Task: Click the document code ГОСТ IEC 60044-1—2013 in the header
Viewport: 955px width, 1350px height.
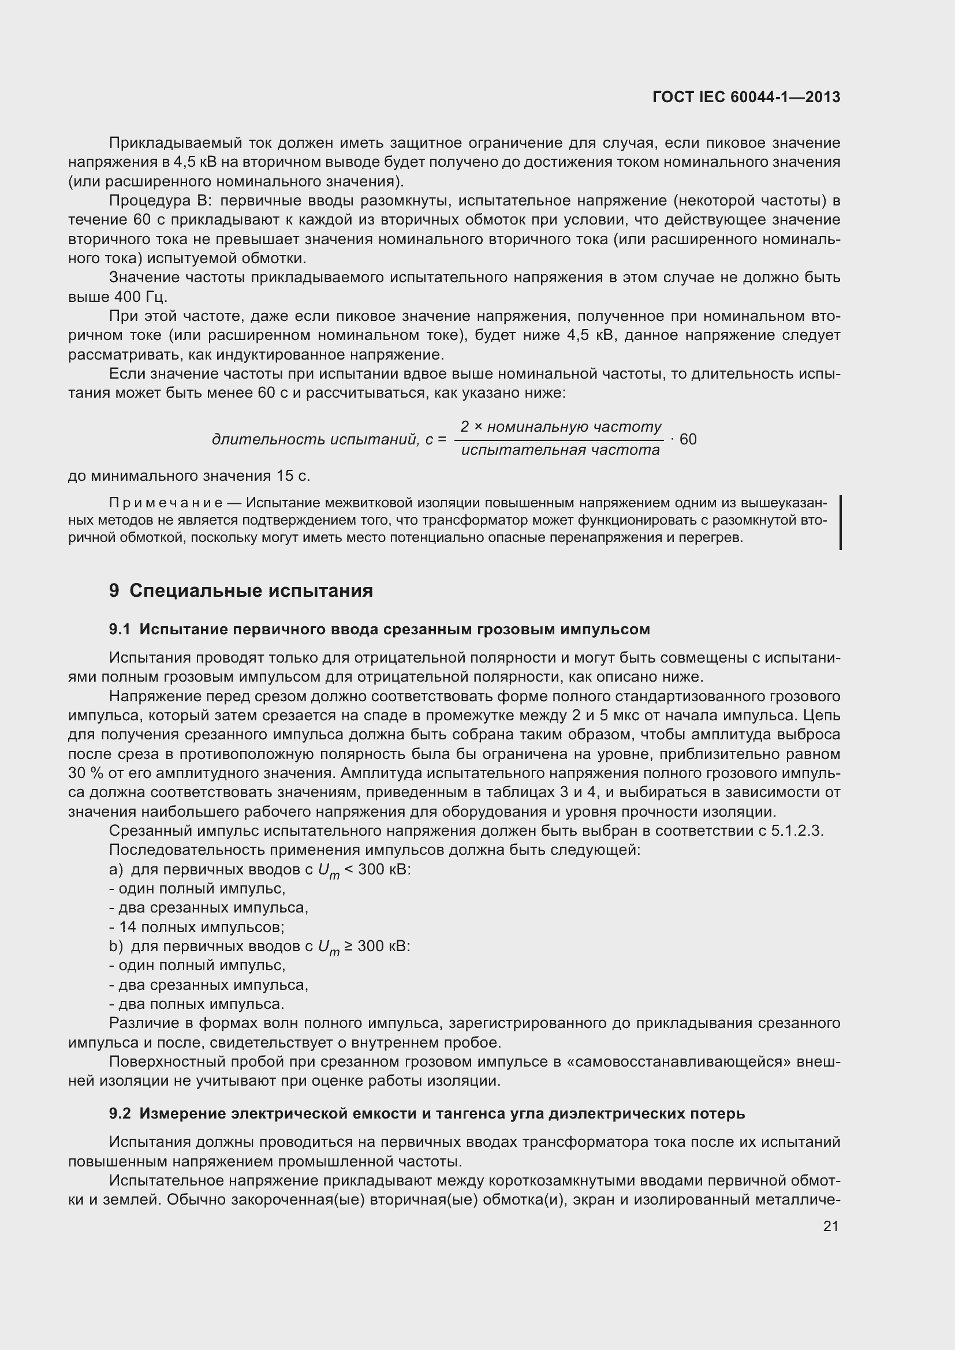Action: pos(745,97)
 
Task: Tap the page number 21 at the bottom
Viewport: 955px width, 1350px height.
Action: pos(830,1226)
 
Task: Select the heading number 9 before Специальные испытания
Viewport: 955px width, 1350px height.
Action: pos(114,590)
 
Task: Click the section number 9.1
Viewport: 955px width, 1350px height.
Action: pos(120,629)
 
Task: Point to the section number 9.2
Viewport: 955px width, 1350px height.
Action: pos(120,1113)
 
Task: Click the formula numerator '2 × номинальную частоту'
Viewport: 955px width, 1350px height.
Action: pos(561,427)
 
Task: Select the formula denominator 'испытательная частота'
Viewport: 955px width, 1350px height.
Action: pos(561,450)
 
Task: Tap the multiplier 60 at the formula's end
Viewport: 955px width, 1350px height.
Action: pos(688,439)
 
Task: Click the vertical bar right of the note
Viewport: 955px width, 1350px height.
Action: pos(840,522)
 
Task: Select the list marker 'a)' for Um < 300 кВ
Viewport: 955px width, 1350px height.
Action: pos(116,869)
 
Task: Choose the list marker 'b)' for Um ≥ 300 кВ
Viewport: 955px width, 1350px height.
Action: pos(116,946)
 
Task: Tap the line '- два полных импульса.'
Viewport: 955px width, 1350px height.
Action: pos(197,1004)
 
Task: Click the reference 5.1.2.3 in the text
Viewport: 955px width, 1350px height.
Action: pos(797,831)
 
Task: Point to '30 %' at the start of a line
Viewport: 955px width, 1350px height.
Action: pos(86,773)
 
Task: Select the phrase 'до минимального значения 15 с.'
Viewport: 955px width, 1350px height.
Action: pos(189,476)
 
